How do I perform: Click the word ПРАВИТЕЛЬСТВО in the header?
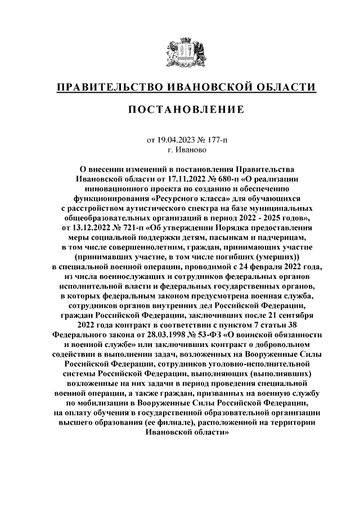pos(106,88)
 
